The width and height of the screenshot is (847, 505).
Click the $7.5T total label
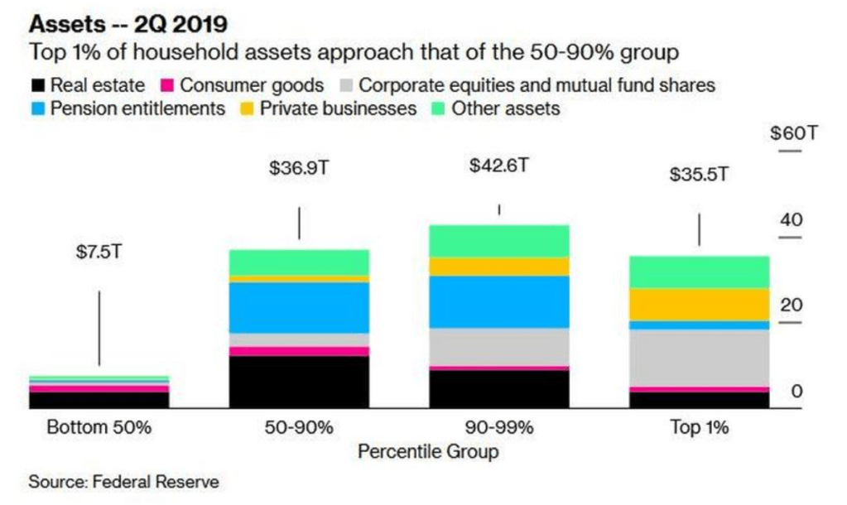(x=99, y=252)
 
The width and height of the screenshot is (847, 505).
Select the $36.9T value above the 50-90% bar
(x=298, y=167)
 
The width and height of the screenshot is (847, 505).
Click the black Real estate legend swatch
(x=37, y=85)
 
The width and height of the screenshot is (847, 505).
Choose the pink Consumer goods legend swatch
(x=167, y=85)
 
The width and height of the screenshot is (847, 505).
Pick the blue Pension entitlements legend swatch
(x=37, y=109)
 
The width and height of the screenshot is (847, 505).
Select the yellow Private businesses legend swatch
(x=247, y=109)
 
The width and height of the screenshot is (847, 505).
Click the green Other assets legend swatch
(x=438, y=109)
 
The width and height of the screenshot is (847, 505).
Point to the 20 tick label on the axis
(x=792, y=305)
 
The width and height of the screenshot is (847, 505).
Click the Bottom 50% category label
(x=99, y=428)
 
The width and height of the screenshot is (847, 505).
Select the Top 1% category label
(x=699, y=428)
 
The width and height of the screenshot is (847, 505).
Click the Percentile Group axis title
(x=428, y=452)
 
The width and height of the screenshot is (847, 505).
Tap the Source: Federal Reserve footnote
(x=125, y=481)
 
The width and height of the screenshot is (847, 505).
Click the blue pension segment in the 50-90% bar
(x=299, y=307)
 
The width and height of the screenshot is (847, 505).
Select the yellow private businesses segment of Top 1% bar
(x=699, y=304)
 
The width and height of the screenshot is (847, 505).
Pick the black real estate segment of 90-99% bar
(x=498, y=388)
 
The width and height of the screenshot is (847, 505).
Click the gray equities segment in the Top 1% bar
(x=699, y=358)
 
